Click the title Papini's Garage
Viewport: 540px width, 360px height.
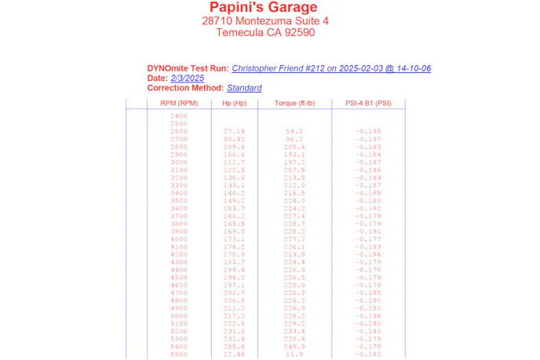point(264,8)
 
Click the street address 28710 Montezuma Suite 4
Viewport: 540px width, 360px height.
point(265,20)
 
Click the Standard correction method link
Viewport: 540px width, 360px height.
point(244,88)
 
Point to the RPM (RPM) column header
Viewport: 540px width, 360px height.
point(179,104)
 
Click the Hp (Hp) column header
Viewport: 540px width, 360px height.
point(234,104)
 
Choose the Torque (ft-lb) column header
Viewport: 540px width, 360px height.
point(294,104)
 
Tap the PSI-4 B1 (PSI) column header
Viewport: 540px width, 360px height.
point(368,104)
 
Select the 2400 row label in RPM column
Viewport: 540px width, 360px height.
point(179,116)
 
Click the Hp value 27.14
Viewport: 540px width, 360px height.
point(234,131)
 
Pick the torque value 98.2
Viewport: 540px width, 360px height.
point(294,139)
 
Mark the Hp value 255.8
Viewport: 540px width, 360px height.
point(234,347)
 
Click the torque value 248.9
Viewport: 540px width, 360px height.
point(294,347)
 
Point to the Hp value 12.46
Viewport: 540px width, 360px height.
point(234,355)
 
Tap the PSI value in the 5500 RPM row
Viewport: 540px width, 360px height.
point(368,355)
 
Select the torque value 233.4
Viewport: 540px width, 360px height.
point(294,331)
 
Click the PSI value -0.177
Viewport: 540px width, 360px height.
point(368,239)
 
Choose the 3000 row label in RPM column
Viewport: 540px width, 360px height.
point(179,162)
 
